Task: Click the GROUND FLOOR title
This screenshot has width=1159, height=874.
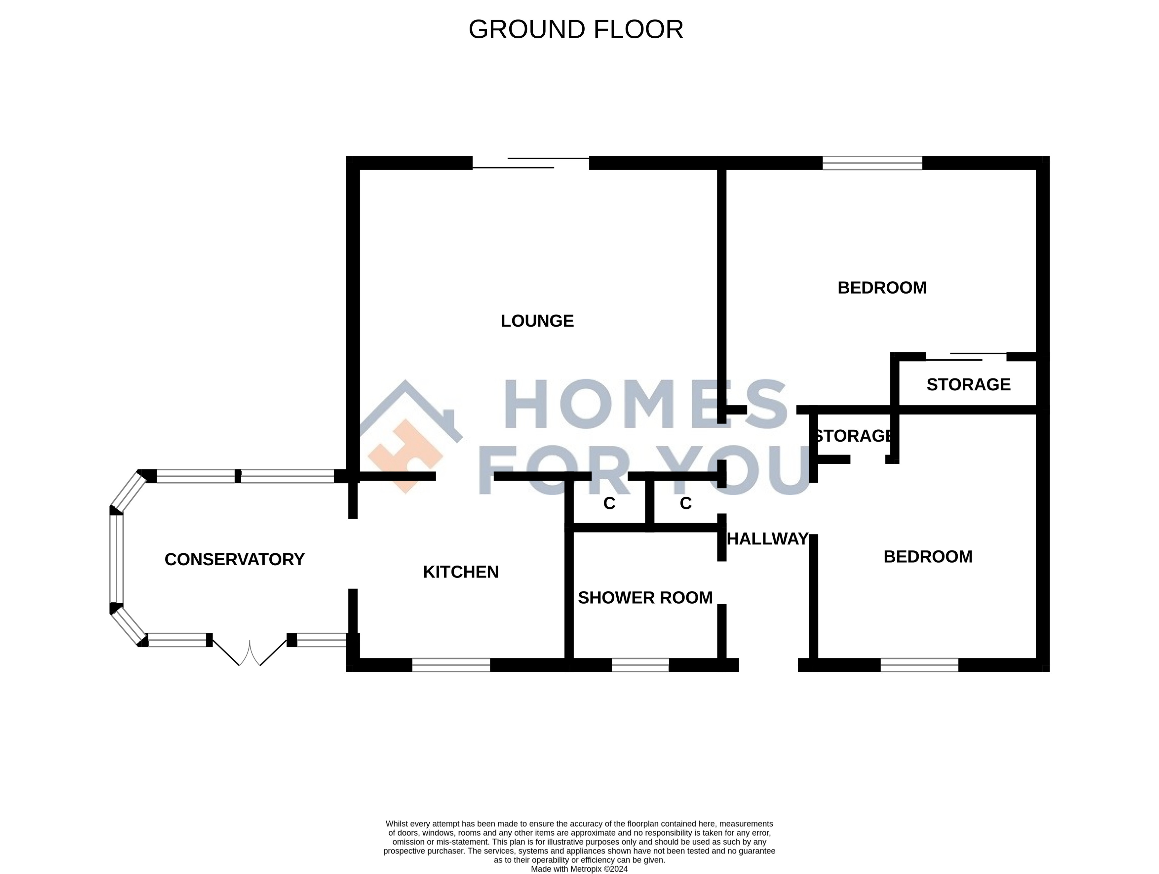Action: click(576, 29)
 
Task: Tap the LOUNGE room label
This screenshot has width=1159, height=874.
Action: click(537, 321)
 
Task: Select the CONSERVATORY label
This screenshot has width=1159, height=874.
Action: click(234, 560)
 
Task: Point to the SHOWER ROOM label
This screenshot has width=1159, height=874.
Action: click(645, 598)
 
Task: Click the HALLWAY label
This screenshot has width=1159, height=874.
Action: click(768, 539)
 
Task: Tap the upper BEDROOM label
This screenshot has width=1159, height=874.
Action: click(882, 288)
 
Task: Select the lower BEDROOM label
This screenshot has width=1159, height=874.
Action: click(928, 556)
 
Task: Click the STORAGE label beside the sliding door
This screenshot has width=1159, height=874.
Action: click(968, 384)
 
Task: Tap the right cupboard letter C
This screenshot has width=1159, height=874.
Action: click(686, 503)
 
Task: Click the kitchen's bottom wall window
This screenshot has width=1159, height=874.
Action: click(451, 665)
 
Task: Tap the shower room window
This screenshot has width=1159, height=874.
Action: click(640, 665)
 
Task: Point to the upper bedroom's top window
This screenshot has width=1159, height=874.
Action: click(872, 163)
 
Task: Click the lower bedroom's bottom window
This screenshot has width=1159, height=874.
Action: click(919, 665)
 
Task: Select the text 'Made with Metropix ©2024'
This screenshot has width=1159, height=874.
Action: click(579, 869)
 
